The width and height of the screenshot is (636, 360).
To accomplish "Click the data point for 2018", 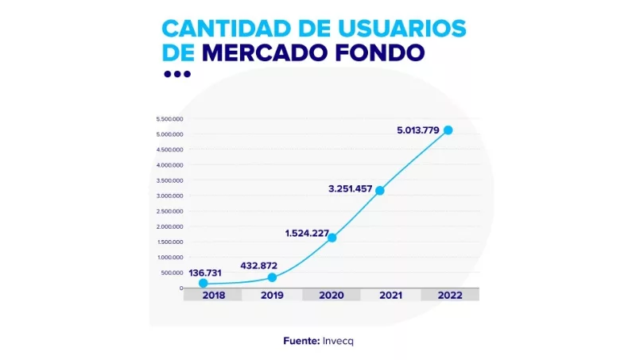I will pos(204,283).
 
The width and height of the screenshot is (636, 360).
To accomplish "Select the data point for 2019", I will pos(273,277).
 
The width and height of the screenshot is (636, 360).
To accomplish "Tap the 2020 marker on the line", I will pos(332,238).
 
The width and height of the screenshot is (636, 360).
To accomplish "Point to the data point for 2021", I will pos(380,191).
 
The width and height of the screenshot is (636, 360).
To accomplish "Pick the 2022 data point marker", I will pos(448,130).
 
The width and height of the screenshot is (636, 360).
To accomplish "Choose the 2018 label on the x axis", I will pos(213,295).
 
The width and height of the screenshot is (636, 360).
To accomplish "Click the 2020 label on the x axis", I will pos(332,295).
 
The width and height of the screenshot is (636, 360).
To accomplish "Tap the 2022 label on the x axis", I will pos(449,295).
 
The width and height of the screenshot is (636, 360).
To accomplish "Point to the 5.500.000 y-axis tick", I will pos(170,119).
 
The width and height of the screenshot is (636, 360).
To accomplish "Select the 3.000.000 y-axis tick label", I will pos(170,195).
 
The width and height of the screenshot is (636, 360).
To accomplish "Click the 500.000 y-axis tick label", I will pos(173,273).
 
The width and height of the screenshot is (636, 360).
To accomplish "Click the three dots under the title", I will pos(176,74).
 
